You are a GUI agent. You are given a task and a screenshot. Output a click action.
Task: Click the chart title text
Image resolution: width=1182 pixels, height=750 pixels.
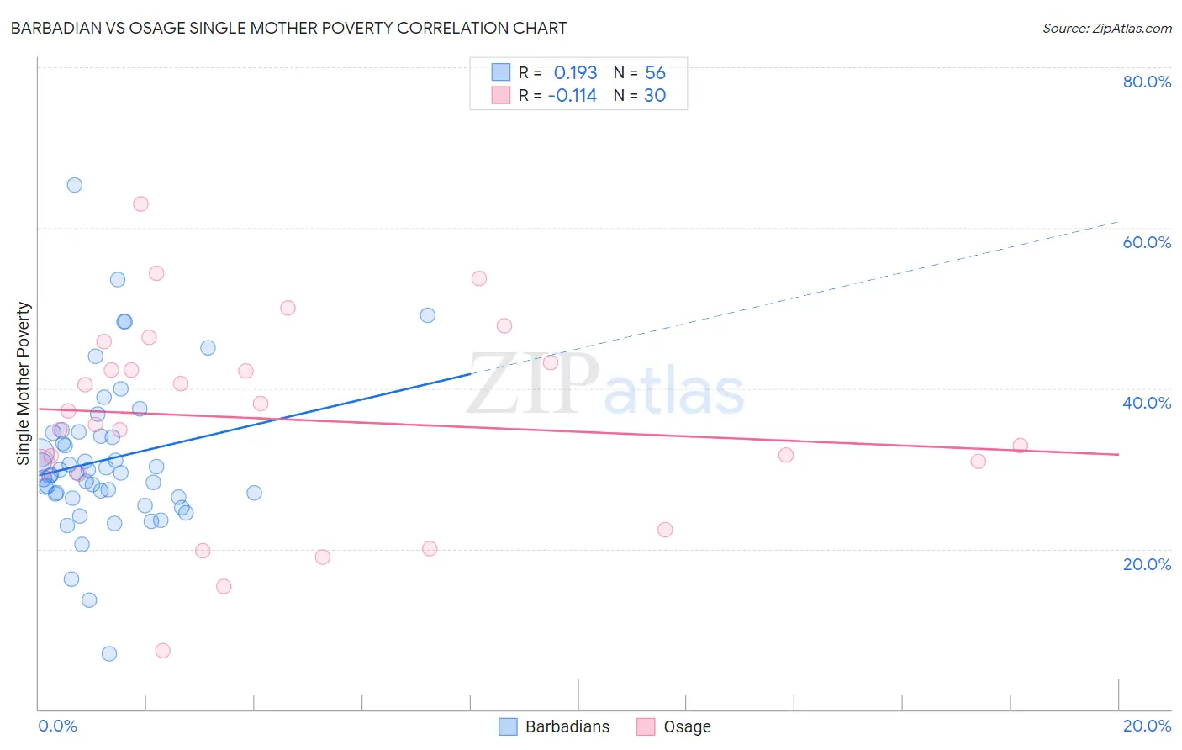pos(288,28)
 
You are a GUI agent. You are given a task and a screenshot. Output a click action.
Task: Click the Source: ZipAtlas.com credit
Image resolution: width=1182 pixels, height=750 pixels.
pos(1106,28)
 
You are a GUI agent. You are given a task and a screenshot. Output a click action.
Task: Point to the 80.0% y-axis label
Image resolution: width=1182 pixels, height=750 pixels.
pos(1147,82)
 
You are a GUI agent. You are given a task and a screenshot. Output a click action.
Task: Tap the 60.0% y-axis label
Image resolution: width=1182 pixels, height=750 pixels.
pos(1147,242)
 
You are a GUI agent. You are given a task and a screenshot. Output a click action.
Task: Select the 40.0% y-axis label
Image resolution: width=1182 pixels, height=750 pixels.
pos(1147,403)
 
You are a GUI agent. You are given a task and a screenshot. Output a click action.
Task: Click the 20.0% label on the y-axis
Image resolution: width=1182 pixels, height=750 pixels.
pos(1147,564)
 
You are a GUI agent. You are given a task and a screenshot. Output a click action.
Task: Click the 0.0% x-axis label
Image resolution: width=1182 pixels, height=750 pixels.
pos(57,726)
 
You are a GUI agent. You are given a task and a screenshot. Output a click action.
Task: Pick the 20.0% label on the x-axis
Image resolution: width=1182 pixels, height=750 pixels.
pos(1147,726)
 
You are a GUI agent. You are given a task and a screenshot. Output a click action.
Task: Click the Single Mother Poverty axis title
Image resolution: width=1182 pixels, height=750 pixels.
pos(23,383)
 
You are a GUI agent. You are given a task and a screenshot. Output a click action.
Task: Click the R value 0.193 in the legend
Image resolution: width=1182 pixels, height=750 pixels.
pos(575,72)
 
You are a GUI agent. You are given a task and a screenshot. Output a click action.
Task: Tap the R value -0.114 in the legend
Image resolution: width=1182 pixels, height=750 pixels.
pos(572,95)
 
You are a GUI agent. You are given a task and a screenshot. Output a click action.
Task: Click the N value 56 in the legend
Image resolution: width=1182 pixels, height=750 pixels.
pos(655,72)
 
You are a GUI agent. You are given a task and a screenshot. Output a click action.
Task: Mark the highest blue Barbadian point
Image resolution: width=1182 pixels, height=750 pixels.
pos(75,185)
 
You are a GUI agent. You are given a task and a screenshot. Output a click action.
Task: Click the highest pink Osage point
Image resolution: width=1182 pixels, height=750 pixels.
pos(141,204)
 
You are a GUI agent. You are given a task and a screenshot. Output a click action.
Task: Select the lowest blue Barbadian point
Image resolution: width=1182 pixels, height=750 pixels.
pos(109,653)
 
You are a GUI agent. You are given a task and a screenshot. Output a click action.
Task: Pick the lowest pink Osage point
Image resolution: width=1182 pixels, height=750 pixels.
pos(163,650)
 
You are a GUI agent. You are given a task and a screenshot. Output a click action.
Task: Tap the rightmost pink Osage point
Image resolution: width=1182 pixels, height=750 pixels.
pos(1020,446)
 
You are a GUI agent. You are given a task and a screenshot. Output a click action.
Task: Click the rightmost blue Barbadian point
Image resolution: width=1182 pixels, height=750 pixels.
pos(428,315)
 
